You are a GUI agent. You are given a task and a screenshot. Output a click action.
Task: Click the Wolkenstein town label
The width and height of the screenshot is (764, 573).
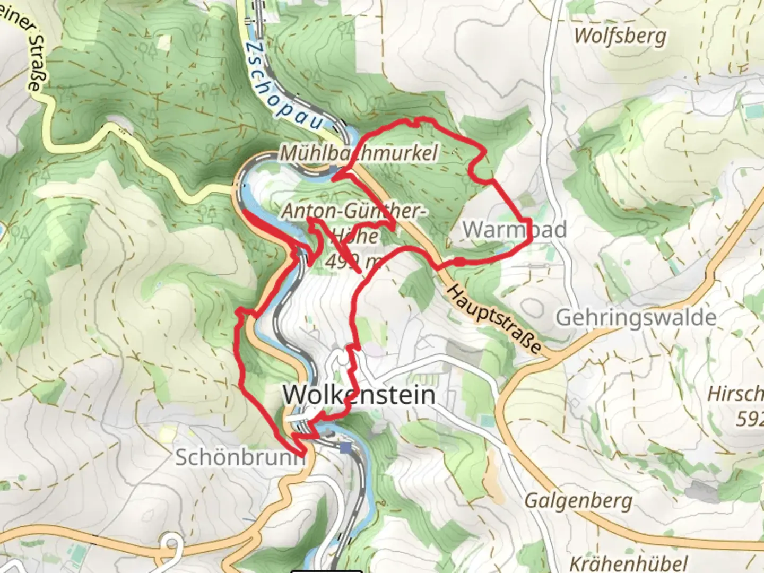[359, 395]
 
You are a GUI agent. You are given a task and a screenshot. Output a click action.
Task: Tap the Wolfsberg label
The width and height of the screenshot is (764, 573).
[620, 36]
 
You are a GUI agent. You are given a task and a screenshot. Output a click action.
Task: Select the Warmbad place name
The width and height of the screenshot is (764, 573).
[514, 230]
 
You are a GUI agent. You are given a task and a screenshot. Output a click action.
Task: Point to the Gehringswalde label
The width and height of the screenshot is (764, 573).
[636, 318]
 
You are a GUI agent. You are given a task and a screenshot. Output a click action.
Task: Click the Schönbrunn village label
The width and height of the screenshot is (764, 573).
[240, 457]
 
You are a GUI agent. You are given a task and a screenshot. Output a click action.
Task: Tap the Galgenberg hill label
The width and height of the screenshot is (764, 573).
[578, 500]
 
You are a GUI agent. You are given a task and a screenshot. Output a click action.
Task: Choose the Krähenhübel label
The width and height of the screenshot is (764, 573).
[628, 562]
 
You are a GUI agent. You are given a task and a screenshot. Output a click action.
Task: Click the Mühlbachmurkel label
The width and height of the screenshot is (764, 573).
[359, 153]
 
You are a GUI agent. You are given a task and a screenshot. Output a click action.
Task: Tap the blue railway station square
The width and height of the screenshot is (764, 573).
[346, 448]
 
